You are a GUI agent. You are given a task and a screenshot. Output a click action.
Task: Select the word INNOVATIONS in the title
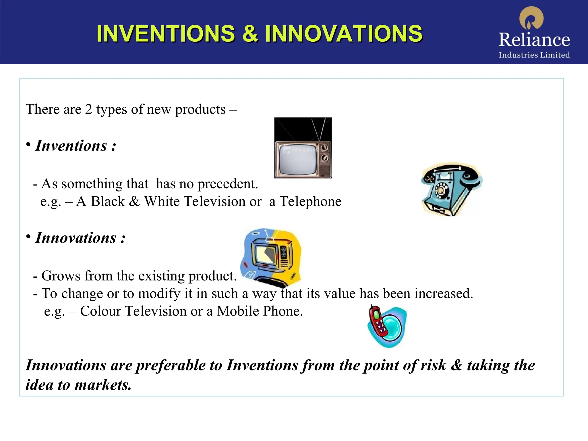(343, 34)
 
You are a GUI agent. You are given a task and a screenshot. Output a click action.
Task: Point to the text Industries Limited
(534, 55)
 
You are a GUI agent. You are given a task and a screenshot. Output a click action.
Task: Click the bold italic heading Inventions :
(76, 146)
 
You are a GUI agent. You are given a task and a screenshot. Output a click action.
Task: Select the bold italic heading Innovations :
(80, 238)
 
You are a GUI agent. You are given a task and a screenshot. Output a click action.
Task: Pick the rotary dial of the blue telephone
(440, 190)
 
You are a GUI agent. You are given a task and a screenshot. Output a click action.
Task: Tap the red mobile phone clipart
(379, 322)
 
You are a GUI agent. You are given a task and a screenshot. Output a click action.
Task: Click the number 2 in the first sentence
(88, 109)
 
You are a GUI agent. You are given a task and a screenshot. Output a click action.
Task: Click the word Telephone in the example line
(310, 202)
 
